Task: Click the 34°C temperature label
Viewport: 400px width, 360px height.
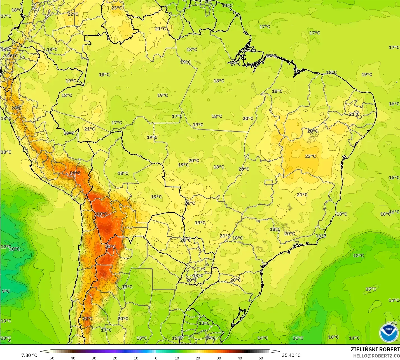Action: tap(110, 246)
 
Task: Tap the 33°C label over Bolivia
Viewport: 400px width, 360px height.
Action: tap(102, 214)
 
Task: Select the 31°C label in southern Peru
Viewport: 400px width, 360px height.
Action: tap(75, 173)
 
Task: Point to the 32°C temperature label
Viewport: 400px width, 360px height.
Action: tap(87, 319)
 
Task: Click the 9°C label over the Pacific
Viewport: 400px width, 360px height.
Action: tap(6, 291)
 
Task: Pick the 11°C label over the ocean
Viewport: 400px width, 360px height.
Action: tap(298, 338)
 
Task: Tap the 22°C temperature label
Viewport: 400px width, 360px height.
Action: tap(73, 14)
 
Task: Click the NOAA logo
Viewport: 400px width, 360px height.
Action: tap(389, 333)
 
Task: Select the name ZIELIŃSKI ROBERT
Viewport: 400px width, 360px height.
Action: tap(375, 349)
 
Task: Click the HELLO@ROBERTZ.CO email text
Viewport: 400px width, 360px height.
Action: tap(376, 356)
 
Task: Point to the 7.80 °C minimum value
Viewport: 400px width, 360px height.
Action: tap(29, 355)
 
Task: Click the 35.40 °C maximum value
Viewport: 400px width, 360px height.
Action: tap(291, 355)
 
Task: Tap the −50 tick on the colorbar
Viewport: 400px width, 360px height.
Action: tap(51, 358)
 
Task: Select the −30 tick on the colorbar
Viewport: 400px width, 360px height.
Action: tap(93, 358)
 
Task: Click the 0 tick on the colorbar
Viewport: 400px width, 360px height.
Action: tap(156, 358)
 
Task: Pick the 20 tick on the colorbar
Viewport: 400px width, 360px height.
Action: tap(198, 358)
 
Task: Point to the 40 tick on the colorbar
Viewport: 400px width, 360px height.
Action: tap(240, 358)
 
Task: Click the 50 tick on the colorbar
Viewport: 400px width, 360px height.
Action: tap(261, 358)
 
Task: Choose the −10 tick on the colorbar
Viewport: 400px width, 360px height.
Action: tap(135, 358)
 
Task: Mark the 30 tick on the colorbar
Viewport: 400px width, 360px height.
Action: tap(219, 358)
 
